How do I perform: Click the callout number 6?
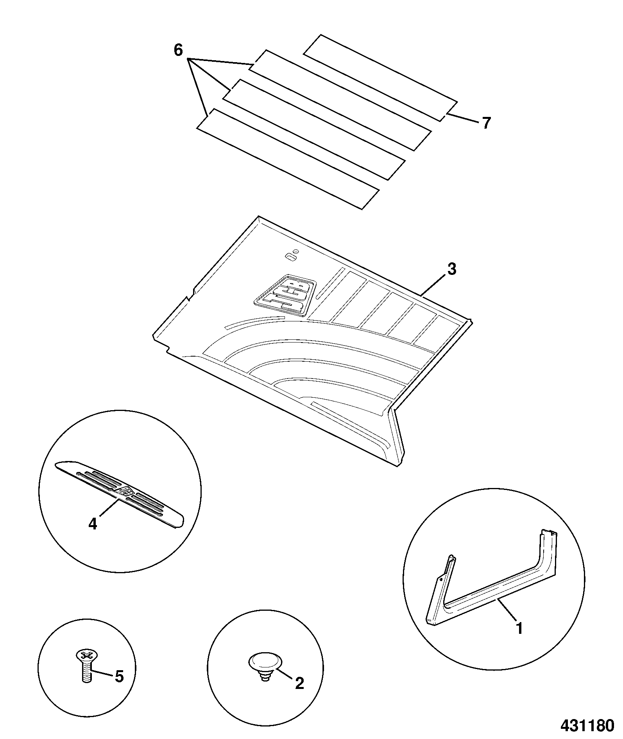pos(178,50)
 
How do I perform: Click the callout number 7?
pos(485,123)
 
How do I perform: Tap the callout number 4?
pos(92,524)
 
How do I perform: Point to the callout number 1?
pos(519,629)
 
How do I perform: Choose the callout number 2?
pos(299,683)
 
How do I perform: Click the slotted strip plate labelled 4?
pos(120,495)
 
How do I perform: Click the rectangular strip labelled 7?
pos(380,78)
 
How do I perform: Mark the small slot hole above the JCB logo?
pos(290,256)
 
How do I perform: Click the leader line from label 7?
pos(462,118)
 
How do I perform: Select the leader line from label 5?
pos(102,673)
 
